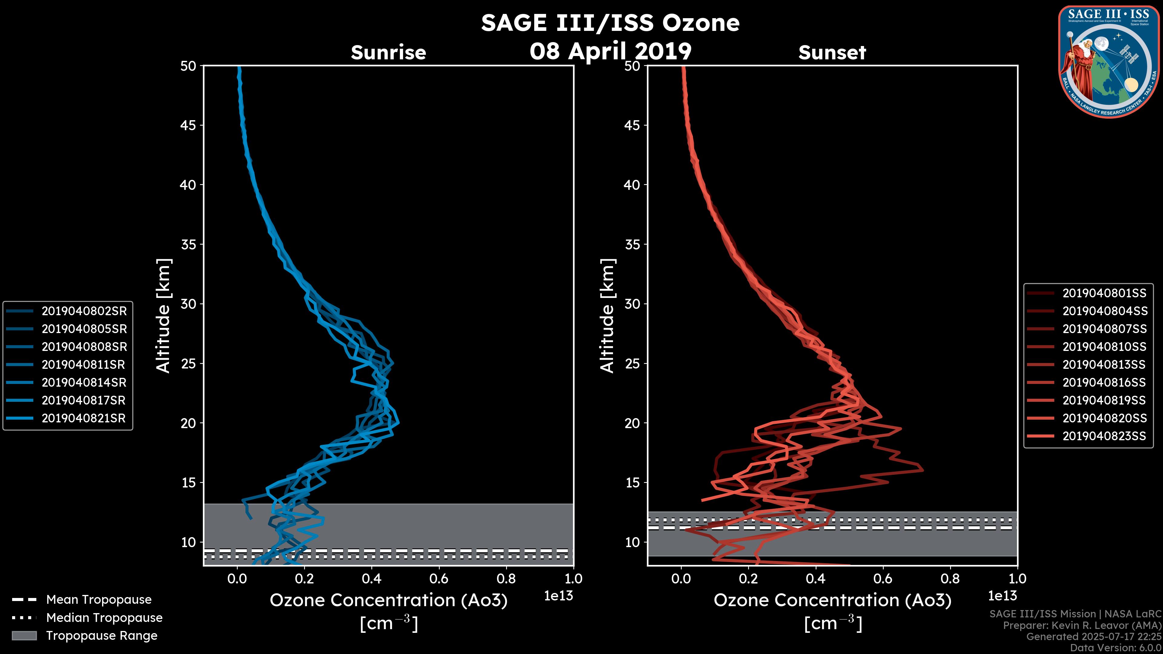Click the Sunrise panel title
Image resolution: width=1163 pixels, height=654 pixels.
point(388,52)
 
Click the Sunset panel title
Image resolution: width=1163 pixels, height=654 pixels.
point(832,52)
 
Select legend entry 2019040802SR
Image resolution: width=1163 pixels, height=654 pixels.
point(84,311)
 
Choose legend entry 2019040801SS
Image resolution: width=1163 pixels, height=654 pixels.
point(1104,293)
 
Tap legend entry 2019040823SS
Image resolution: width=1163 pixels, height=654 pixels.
point(1104,436)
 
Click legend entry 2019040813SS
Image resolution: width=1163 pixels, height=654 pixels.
point(1104,364)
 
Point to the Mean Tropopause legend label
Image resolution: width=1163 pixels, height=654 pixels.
point(99,599)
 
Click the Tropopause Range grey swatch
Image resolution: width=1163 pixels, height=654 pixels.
point(24,636)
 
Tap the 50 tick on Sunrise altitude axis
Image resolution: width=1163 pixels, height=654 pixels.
point(188,66)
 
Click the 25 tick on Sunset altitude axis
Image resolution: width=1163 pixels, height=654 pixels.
point(632,363)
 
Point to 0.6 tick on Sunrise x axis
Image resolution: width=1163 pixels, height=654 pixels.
point(439,578)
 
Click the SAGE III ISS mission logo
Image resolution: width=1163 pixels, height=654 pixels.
point(1109,61)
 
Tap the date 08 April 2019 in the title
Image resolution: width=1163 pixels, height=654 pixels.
point(610,51)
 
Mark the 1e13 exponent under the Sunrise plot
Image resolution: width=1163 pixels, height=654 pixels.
point(558,596)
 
